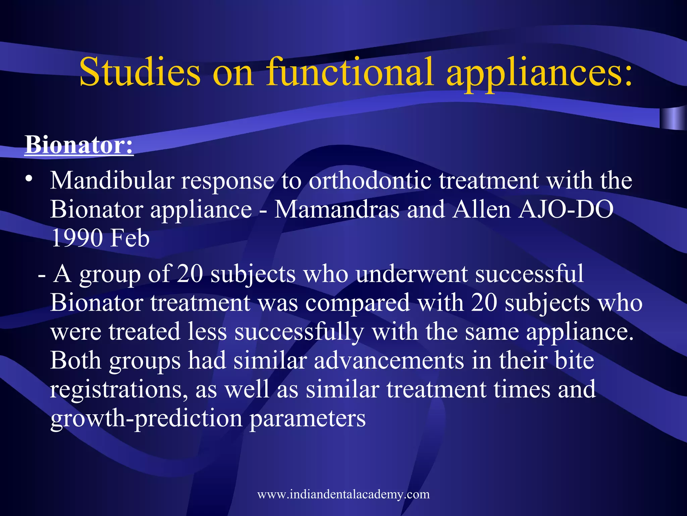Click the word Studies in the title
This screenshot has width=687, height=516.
[x=140, y=72]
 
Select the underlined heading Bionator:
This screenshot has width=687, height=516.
[x=79, y=145]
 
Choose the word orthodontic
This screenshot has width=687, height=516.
[x=370, y=180]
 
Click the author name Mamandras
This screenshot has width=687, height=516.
[x=337, y=209]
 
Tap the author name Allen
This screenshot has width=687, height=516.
[x=481, y=209]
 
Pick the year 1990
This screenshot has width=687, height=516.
[x=77, y=238]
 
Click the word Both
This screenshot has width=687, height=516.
[x=76, y=360]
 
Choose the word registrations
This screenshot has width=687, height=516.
[x=119, y=389]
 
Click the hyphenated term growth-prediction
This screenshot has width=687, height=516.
[x=146, y=419]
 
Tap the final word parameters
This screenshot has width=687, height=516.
[x=307, y=419]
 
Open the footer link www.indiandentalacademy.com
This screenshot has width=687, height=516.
[x=343, y=494]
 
